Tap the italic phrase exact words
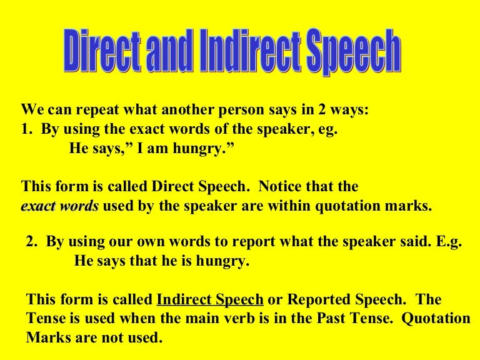coord(60,206)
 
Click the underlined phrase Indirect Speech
coord(210,299)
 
